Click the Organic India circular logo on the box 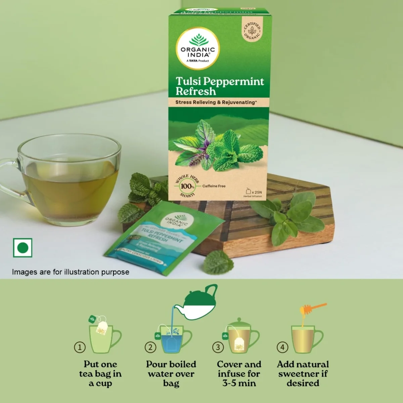coord(198,48)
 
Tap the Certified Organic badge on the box coord(252,31)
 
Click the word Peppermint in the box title coord(234,81)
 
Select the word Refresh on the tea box coord(195,91)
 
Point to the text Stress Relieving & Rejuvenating coord(216,102)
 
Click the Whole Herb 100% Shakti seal coord(187,186)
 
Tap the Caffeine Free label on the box coord(214,186)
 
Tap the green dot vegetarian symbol coord(23,248)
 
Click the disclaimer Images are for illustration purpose coord(71,272)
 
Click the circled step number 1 coord(80,347)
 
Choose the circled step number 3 coord(218,347)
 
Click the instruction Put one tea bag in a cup coord(100,373)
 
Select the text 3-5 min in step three coord(239,383)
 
